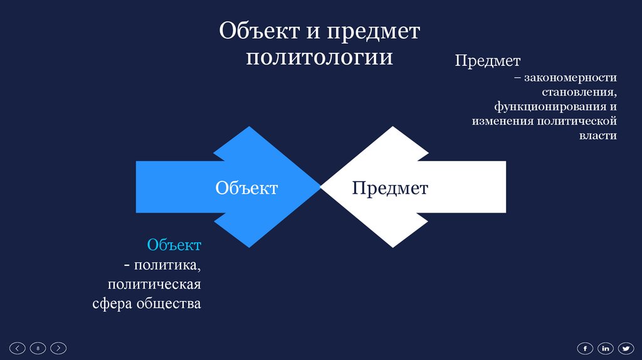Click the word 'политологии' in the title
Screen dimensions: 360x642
pos(320,57)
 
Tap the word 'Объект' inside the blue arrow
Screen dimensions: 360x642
pos(246,188)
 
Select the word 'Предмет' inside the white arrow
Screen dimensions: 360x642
pos(390,188)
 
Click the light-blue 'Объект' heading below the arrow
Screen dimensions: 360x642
pos(174,245)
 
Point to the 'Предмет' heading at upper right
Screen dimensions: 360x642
pos(488,61)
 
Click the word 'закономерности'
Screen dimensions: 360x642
pos(571,78)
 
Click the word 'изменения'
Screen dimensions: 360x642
pos(502,121)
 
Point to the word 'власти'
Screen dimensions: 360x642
pos(597,135)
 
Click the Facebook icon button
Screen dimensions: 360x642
pos(585,347)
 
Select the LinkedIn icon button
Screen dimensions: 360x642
pos(606,347)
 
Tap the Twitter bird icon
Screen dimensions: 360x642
pos(626,347)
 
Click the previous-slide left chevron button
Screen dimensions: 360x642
pos(18,347)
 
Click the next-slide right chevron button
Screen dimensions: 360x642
pos(58,347)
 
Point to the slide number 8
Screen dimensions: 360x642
pos(38,347)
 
